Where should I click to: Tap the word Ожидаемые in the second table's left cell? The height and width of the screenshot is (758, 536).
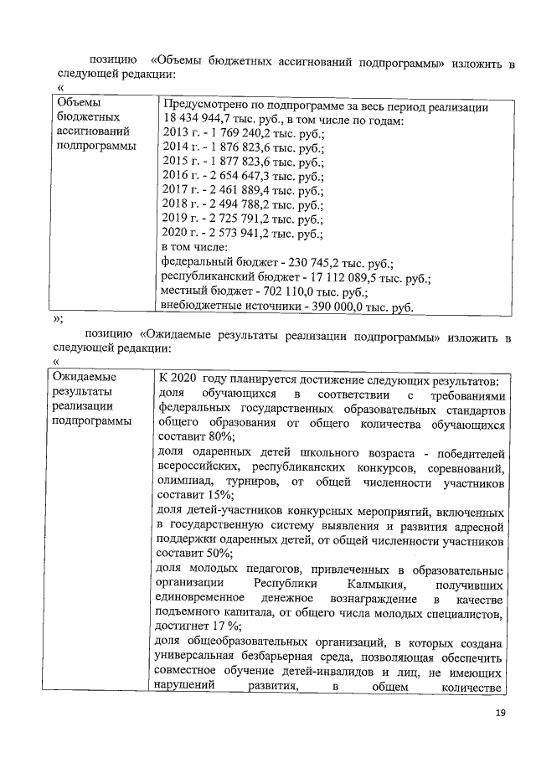(85, 377)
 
